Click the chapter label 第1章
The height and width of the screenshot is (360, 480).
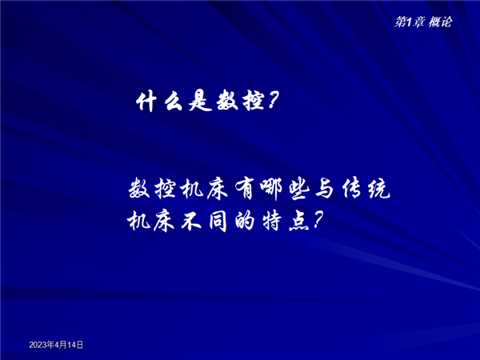pyautogui.click(x=410, y=22)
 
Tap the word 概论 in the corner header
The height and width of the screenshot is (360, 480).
pyautogui.click(x=440, y=22)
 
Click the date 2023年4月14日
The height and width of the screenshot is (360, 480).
pyautogui.click(x=56, y=345)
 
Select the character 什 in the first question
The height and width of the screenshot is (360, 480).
pyautogui.click(x=146, y=102)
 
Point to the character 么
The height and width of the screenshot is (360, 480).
pyautogui.click(x=174, y=102)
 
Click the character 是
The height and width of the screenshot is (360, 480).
pyautogui.click(x=200, y=102)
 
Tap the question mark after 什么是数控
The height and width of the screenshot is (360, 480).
pyautogui.click(x=273, y=101)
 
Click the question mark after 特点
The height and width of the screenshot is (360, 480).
pyautogui.click(x=317, y=221)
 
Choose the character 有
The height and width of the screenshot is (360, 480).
pyautogui.click(x=245, y=189)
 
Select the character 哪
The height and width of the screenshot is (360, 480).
pyautogui.click(x=271, y=190)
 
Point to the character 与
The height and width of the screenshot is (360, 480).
pyautogui.click(x=324, y=189)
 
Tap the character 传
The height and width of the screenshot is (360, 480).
pyautogui.click(x=352, y=189)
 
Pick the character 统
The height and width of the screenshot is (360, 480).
pyautogui.click(x=379, y=189)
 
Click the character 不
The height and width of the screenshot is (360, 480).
pyautogui.click(x=191, y=221)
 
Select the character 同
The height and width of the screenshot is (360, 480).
pyautogui.click(x=218, y=221)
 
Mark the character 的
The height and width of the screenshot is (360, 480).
pyautogui.click(x=245, y=221)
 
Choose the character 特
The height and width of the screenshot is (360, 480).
pyautogui.click(x=272, y=221)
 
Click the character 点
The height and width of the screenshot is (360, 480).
pyautogui.click(x=298, y=221)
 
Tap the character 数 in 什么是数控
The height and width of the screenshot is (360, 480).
pyautogui.click(x=227, y=102)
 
